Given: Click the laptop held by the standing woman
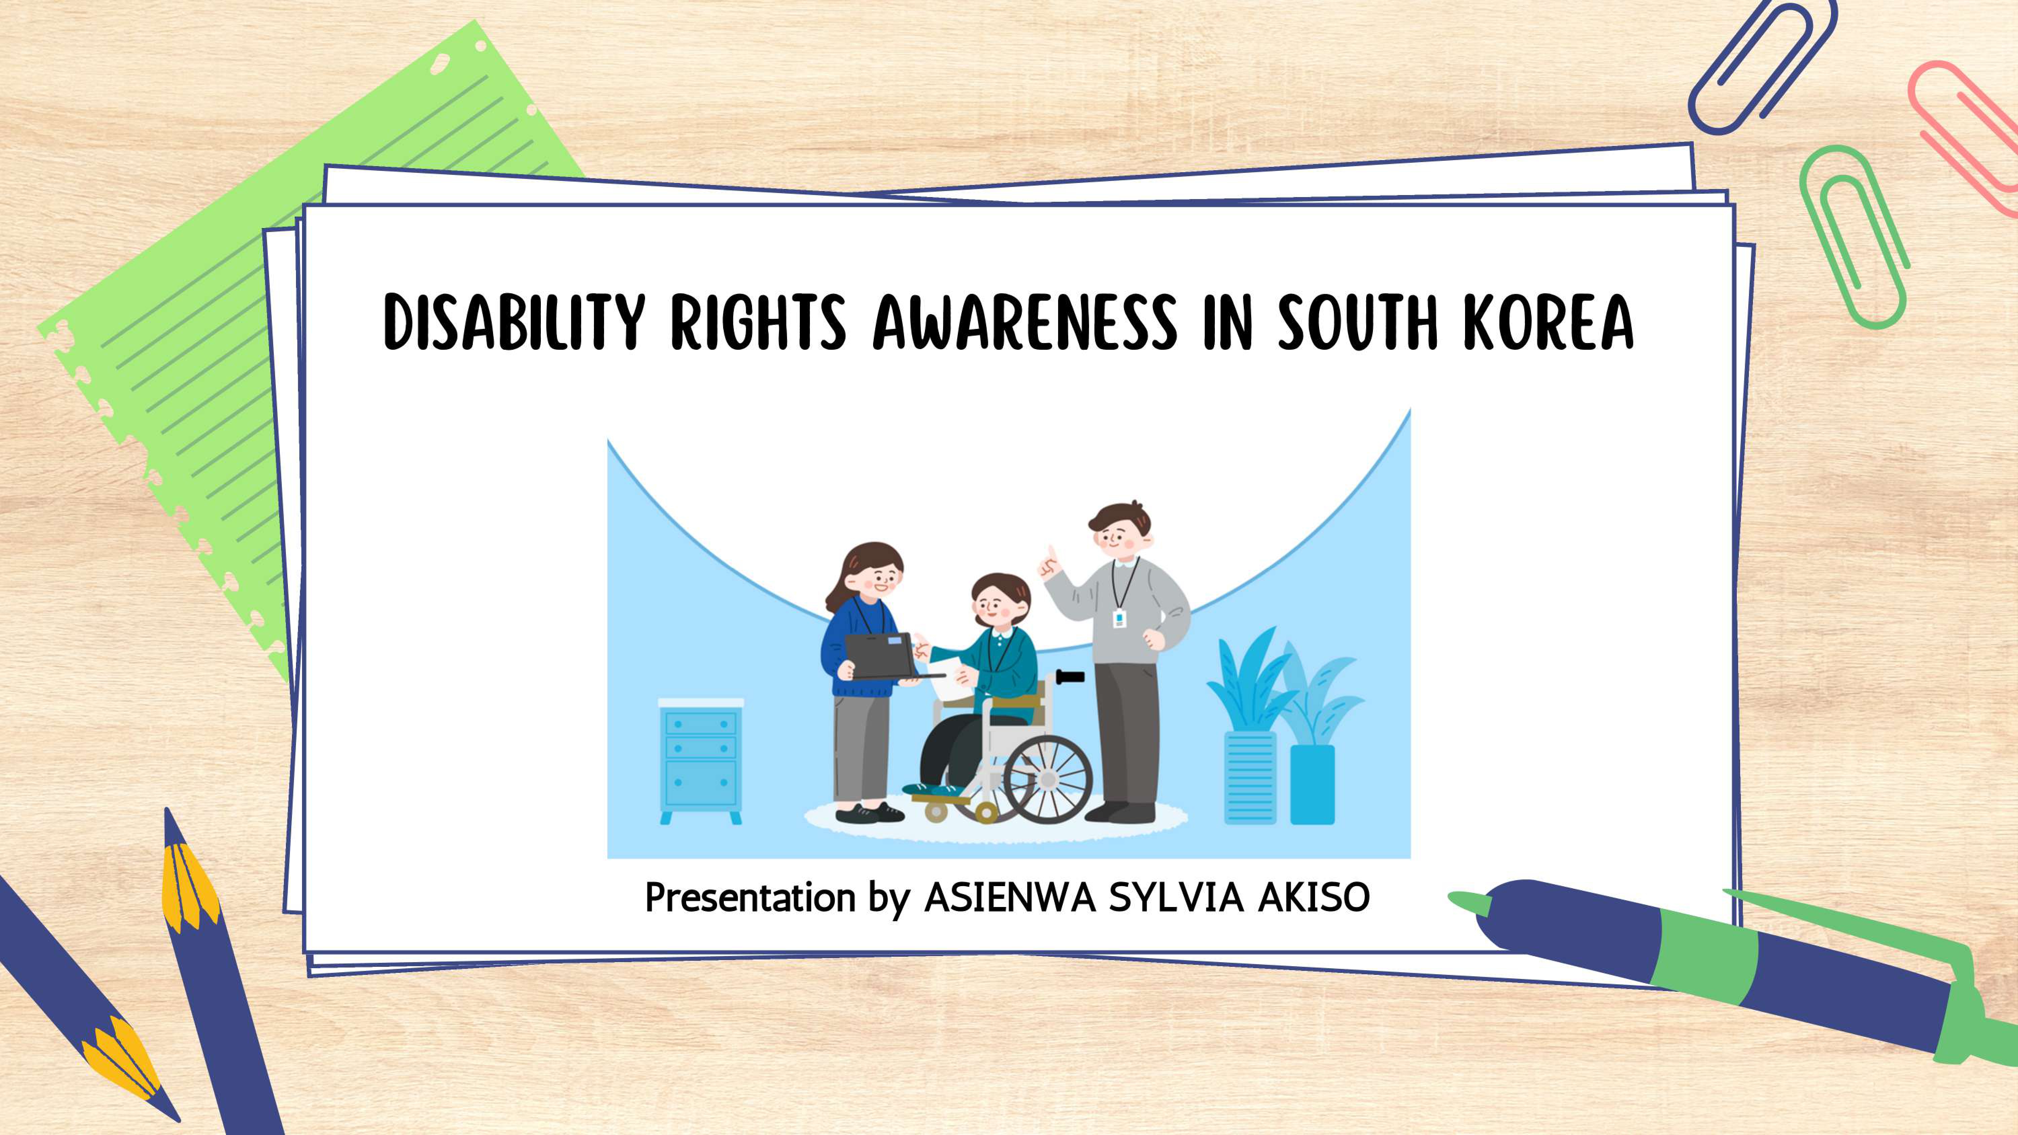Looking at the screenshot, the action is pos(885,656).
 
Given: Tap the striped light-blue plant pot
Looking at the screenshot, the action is pos(1250,777).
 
